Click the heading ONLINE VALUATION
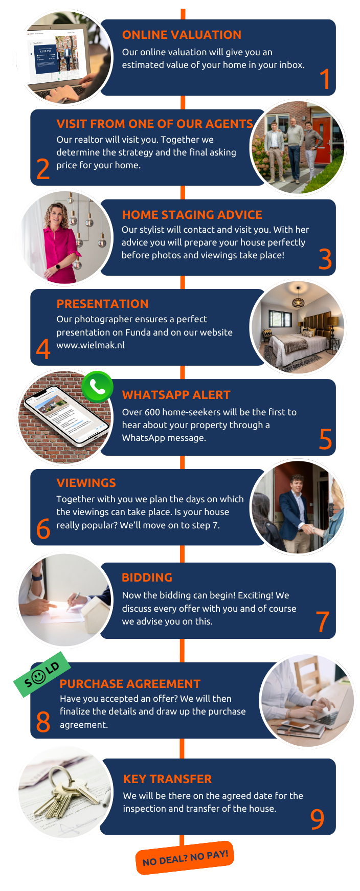[182, 35]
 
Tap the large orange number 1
[324, 79]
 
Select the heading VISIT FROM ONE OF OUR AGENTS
[154, 124]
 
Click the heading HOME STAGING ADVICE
[192, 215]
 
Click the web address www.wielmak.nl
[91, 345]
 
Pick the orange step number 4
[43, 349]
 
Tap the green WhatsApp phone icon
[97, 387]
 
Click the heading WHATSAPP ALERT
[176, 395]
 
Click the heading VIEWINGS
[86, 483]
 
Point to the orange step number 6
[43, 529]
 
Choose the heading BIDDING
[147, 577]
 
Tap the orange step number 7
[323, 621]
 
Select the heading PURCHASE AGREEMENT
[130, 684]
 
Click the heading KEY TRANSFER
[167, 779]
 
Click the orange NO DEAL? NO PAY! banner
[185, 858]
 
